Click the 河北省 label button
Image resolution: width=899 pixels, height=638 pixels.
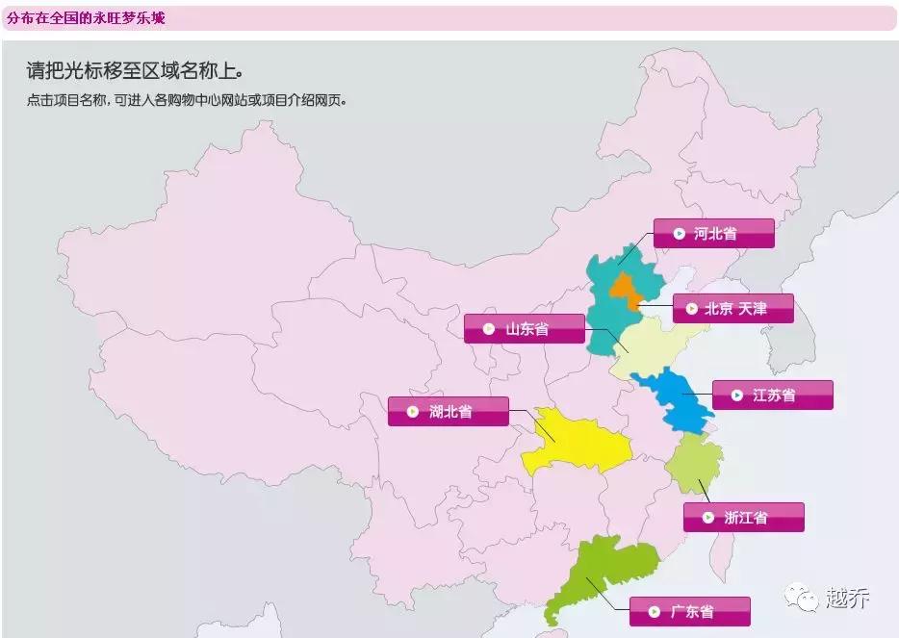(713, 234)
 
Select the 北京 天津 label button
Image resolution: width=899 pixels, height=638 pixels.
(733, 309)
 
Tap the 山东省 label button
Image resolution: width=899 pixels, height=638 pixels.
(525, 329)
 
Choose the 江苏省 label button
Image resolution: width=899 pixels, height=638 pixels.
(773, 396)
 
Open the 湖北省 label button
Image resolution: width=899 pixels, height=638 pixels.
(449, 412)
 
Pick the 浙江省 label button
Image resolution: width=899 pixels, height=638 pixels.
(744, 518)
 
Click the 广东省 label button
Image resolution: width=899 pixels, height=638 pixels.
(690, 612)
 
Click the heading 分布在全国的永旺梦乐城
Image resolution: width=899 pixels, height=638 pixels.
(85, 17)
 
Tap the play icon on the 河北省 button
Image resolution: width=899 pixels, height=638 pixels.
(679, 234)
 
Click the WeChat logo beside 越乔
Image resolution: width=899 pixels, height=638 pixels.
(802, 599)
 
